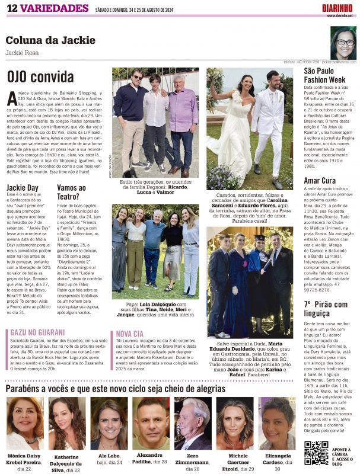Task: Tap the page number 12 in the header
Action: pos(11,7)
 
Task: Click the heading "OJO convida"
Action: pos(40,77)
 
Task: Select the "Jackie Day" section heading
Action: pos(22,187)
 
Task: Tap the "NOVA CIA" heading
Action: pos(129,334)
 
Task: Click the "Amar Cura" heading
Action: pos(320,180)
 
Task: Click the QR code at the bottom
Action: pos(316,453)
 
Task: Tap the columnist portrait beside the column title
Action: pos(343,42)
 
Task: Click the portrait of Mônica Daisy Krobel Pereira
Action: pos(25,423)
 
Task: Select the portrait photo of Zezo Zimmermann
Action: pos(193,423)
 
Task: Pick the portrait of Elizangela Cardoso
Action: pos(276,423)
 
